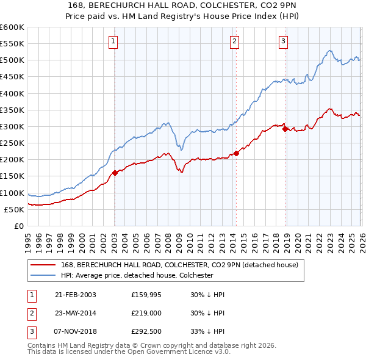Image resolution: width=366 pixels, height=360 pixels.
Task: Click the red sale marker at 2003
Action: (x=115, y=173)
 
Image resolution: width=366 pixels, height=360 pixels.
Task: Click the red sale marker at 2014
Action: (x=236, y=153)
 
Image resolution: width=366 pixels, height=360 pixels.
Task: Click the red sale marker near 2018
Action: (x=285, y=129)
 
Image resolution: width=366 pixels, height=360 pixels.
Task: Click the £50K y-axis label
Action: (x=14, y=209)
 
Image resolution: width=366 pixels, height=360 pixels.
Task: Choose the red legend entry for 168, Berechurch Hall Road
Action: (x=179, y=265)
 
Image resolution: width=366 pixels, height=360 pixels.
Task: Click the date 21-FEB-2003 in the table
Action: (x=75, y=294)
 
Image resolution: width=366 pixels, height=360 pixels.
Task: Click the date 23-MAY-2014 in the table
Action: (x=75, y=313)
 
